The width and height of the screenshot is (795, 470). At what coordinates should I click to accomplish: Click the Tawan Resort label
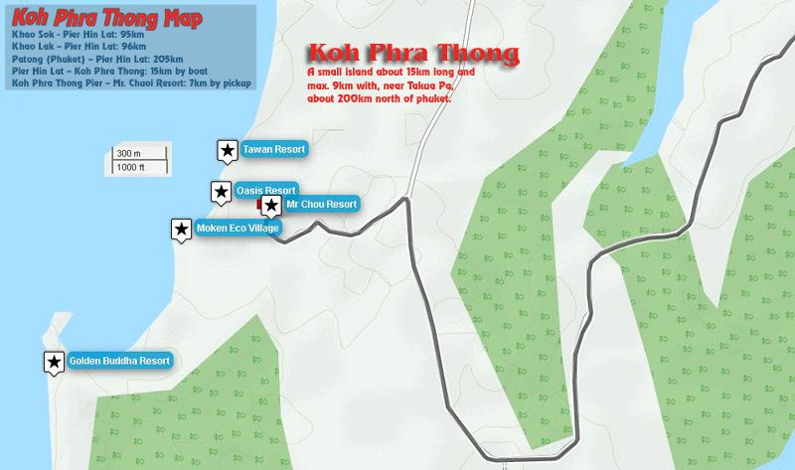(x=270, y=149)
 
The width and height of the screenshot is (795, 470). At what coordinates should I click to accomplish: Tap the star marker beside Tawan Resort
(x=227, y=150)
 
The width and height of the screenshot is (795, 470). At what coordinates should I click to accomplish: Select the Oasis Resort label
(x=265, y=190)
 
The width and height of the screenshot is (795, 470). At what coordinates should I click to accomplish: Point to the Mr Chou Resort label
(x=319, y=205)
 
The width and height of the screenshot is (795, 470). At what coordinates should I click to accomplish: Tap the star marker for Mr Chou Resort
(x=269, y=205)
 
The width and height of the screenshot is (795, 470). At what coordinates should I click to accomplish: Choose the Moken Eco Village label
(x=238, y=229)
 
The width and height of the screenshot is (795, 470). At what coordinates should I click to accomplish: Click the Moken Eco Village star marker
(x=182, y=230)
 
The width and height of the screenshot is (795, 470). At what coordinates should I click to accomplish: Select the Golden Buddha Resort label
(x=119, y=361)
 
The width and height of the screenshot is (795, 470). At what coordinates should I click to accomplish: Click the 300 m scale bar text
(x=129, y=154)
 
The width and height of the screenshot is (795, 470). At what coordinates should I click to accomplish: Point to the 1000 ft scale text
(x=131, y=168)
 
